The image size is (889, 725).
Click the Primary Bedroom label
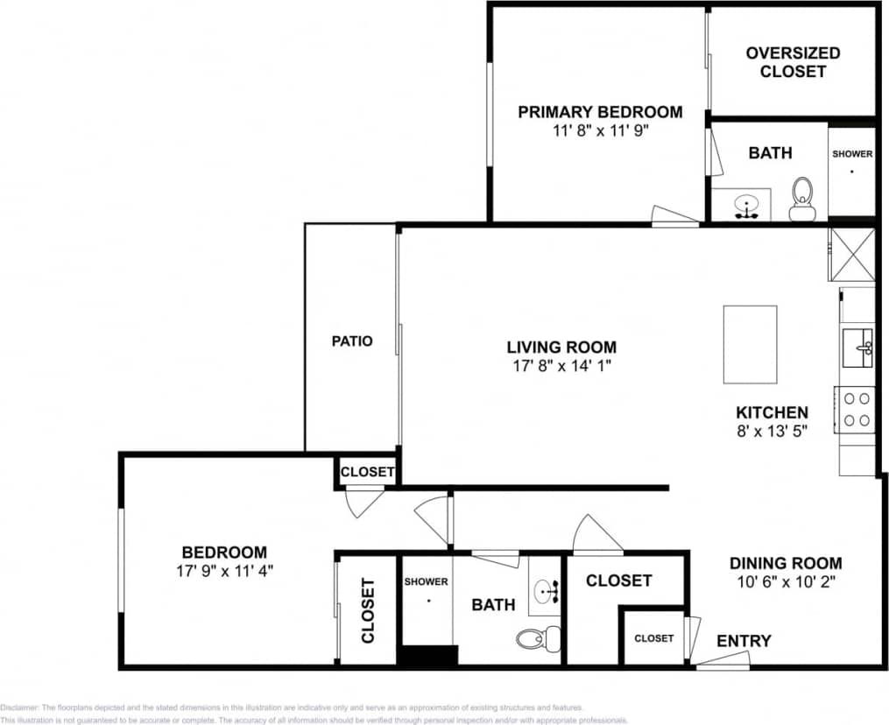pyautogui.click(x=600, y=112)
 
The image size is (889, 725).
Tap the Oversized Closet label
pyautogui.click(x=793, y=62)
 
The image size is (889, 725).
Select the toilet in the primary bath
pyautogui.click(x=801, y=199)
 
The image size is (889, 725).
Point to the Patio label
pyautogui.click(x=352, y=341)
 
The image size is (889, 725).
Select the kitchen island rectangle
pyautogui.click(x=750, y=344)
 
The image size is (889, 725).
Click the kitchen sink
pyautogui.click(x=857, y=348)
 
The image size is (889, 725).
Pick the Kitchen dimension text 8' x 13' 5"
pyautogui.click(x=771, y=430)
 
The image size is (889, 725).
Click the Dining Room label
pyautogui.click(x=786, y=563)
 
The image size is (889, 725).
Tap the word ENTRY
pyautogui.click(x=744, y=641)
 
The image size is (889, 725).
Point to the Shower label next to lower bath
pyautogui.click(x=427, y=581)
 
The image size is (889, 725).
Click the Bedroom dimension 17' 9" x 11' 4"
pyautogui.click(x=223, y=571)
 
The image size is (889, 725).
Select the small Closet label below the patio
pyautogui.click(x=368, y=472)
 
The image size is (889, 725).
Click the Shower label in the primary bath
pyautogui.click(x=852, y=154)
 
